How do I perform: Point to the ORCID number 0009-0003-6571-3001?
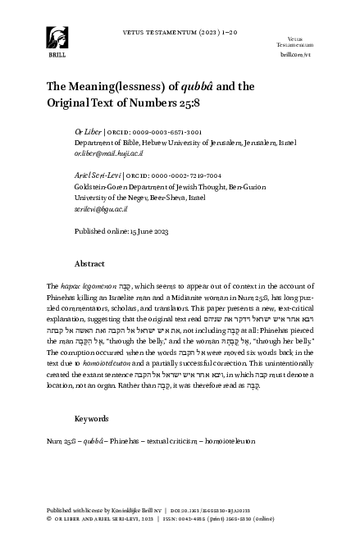pos(155,131)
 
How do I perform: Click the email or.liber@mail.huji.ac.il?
pos(113,153)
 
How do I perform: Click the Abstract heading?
pos(89,265)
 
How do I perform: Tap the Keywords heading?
pos(92,418)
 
